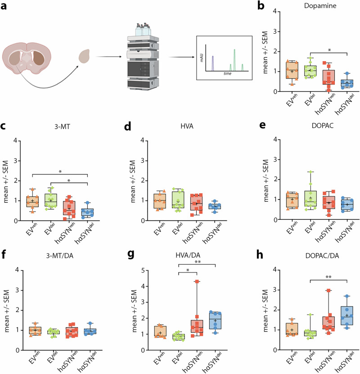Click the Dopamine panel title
[320, 5]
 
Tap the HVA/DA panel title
[188, 255]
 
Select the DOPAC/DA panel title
[322, 256]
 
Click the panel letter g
[131, 255]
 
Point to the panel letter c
[3, 126]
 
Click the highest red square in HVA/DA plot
[197, 281]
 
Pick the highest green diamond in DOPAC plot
[310, 172]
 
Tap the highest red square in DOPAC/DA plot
[328, 290]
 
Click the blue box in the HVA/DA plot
[216, 321]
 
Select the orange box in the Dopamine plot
[292, 71]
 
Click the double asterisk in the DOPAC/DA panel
[328, 277]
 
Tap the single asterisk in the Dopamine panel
[329, 50]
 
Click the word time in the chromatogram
[227, 73]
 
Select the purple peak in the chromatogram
[213, 63]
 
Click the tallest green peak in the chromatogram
[234, 60]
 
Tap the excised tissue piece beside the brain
[84, 56]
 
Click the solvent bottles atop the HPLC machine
[143, 30]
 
